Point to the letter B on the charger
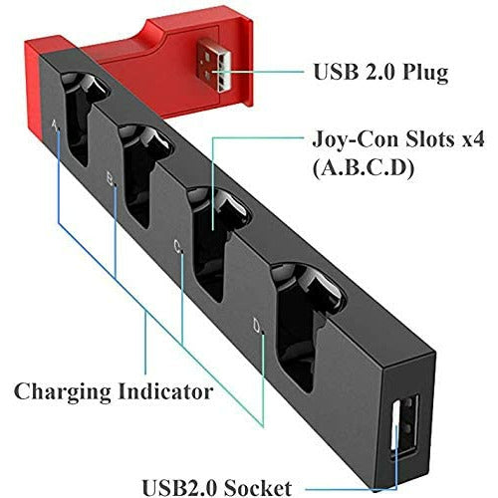tap(110, 180)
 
